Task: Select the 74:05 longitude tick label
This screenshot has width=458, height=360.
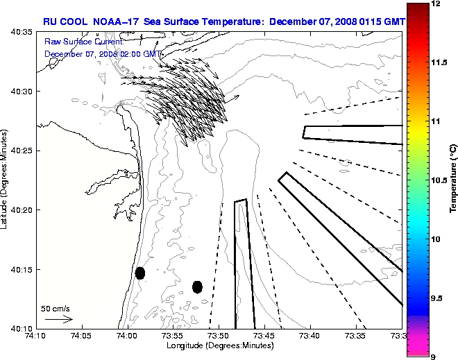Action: pyautogui.click(x=81, y=336)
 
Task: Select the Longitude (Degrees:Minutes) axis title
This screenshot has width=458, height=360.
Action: pyautogui.click(x=219, y=345)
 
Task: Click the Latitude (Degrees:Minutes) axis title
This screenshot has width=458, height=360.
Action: pyautogui.click(x=6, y=179)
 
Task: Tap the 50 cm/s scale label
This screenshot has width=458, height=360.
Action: pyautogui.click(x=56, y=309)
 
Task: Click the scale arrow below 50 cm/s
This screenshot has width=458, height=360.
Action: pyautogui.click(x=58, y=319)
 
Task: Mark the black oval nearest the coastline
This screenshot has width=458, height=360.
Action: pyautogui.click(x=140, y=273)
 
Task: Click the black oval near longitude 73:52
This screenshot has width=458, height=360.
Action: pyautogui.click(x=197, y=286)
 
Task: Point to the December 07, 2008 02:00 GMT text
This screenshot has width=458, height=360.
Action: pyautogui.click(x=103, y=53)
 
